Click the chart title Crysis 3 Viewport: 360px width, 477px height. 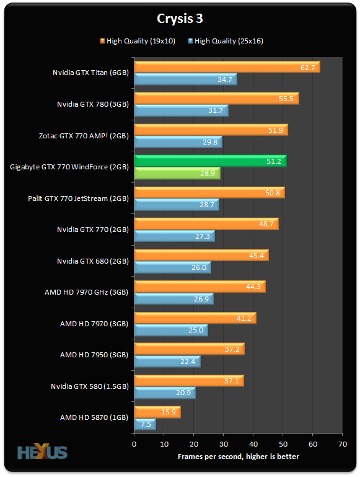180,19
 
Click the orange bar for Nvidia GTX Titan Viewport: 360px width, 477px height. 227,67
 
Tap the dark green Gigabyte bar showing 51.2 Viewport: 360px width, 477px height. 210,161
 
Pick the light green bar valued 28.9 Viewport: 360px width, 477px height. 177,174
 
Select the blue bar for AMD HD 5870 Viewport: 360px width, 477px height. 144,424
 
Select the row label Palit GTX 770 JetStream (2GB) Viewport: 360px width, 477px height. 78,198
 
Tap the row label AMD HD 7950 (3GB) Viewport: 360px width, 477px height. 94,355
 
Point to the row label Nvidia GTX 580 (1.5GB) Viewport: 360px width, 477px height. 90,386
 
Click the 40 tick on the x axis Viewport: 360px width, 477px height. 253,445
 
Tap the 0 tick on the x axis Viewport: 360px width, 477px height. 134,445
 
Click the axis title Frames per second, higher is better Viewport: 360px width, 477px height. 239,457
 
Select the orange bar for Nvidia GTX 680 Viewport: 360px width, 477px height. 201,255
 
